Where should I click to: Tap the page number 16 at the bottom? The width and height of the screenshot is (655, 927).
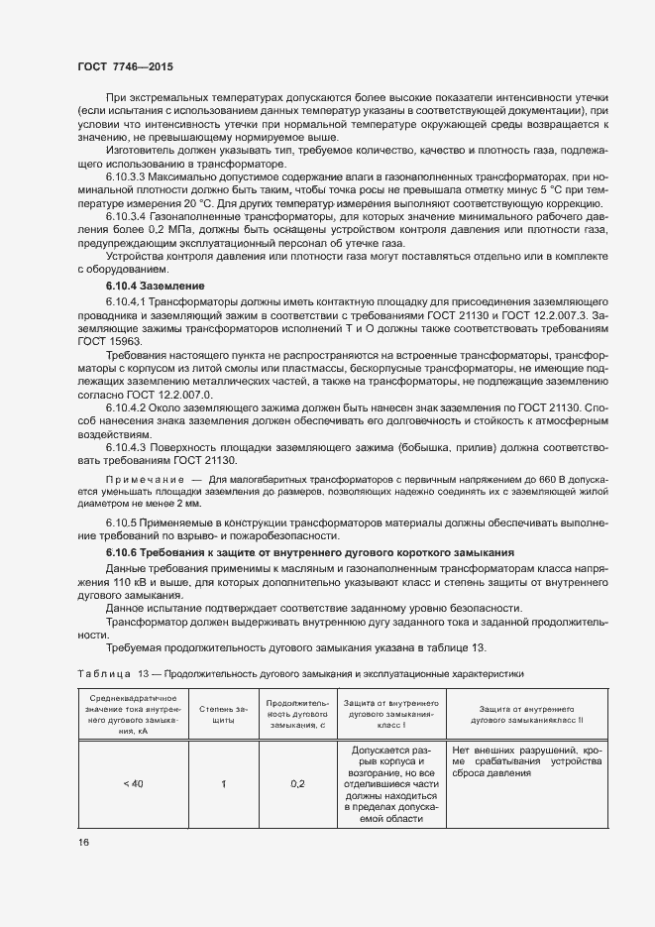click(x=83, y=843)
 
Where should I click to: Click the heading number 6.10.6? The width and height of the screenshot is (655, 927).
click(x=125, y=551)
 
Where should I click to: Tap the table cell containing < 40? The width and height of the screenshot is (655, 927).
click(x=133, y=784)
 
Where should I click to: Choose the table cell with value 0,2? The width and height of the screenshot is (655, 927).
click(x=297, y=784)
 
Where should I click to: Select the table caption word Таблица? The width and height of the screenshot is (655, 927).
click(x=103, y=674)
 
